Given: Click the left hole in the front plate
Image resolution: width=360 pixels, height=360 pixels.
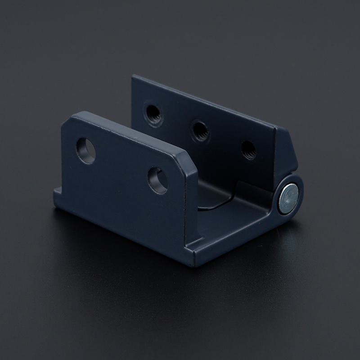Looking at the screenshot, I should tap(86, 150).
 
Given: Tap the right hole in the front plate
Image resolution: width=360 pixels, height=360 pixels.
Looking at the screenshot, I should tap(158, 180).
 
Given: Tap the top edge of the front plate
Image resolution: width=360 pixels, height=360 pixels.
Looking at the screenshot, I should tap(130, 130).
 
